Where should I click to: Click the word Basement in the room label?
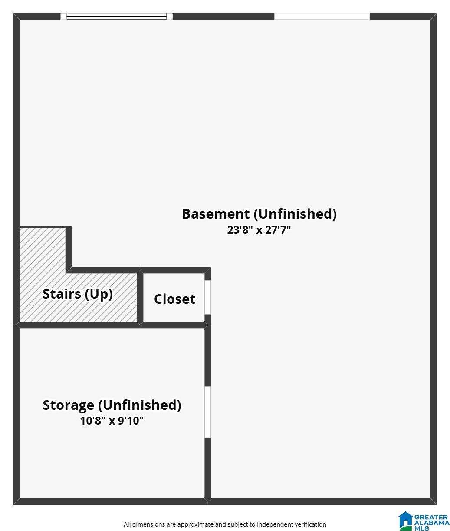(216, 214)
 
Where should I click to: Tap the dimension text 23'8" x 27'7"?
(259, 230)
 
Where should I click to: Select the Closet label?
(175, 299)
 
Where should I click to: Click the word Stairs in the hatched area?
(62, 294)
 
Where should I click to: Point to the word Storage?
(69, 405)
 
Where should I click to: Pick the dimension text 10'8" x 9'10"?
(112, 421)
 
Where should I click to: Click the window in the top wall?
(116, 17)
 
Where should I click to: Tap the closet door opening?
(208, 297)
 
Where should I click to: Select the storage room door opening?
(208, 412)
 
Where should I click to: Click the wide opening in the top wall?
(322, 16)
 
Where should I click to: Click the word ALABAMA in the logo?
(432, 523)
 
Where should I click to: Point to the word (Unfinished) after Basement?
(295, 214)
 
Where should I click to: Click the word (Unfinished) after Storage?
(140, 405)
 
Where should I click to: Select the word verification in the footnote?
(310, 524)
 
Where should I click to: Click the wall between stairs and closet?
(140, 298)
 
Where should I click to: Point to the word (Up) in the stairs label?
(99, 294)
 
